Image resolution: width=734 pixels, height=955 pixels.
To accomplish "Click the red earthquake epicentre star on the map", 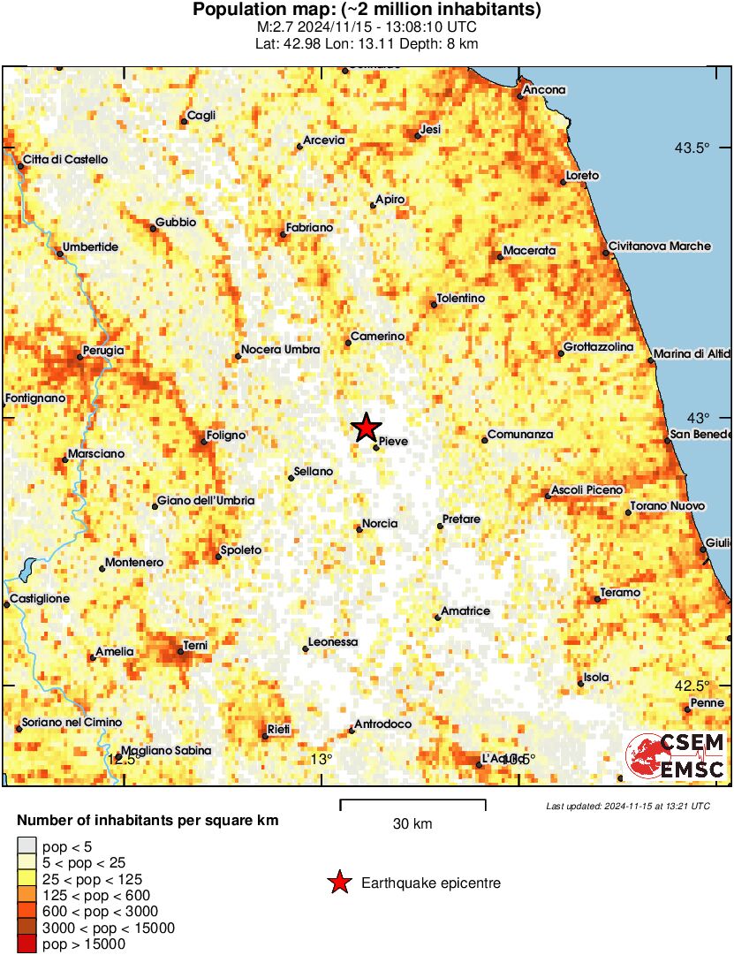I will [366, 428].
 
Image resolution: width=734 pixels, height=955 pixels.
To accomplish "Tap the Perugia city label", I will [102, 351].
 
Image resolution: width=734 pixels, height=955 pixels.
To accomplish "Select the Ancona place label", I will [544, 90].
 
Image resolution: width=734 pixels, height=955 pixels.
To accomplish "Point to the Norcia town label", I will [380, 524].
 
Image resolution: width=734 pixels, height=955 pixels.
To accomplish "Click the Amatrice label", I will [465, 611].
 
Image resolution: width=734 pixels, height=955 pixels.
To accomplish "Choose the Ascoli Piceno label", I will [586, 489].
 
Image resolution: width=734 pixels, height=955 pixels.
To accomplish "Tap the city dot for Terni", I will [180, 653].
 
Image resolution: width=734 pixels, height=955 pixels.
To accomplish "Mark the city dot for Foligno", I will [203, 441].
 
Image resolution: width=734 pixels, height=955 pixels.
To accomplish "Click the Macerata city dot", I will [500, 256].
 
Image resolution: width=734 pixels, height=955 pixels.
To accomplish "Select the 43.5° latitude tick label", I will [692, 148].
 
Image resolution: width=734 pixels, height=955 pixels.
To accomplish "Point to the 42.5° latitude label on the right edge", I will [692, 686].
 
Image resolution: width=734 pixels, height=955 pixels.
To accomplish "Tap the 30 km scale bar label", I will [412, 824].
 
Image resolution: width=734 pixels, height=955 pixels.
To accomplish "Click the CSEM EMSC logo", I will [676, 756].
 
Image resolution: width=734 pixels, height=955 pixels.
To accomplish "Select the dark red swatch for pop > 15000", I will [28, 944].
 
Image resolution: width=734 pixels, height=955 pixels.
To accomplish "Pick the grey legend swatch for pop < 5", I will [28, 846].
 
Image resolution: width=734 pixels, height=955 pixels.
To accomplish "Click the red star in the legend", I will [338, 883].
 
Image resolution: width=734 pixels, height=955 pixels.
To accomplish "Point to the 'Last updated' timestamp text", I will [627, 806].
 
